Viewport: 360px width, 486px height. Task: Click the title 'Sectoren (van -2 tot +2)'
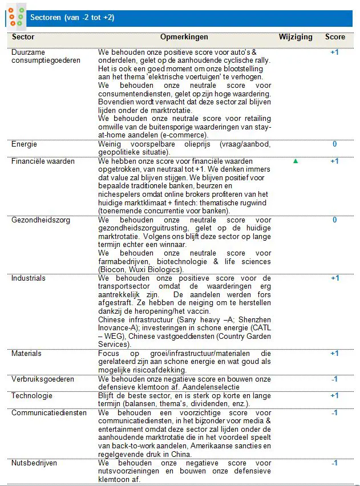(72, 18)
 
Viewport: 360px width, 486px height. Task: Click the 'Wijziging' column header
(296, 37)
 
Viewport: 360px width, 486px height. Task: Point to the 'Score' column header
(335, 37)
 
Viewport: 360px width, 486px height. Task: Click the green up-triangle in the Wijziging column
(296, 161)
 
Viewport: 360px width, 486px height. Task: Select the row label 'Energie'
(24, 144)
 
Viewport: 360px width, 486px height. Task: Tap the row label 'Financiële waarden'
(43, 161)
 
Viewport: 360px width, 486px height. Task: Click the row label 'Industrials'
(28, 278)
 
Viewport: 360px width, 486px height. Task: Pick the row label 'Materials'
(26, 354)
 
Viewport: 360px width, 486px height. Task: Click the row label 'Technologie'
(32, 396)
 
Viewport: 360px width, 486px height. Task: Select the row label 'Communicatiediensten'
(49, 412)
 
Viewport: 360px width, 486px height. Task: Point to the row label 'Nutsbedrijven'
(34, 463)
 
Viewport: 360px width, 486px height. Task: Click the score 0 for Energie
(335, 144)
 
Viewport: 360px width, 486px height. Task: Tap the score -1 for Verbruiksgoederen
(335, 379)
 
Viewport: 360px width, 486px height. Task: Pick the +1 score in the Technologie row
(335, 396)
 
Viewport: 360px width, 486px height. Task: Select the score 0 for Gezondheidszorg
(335, 220)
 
